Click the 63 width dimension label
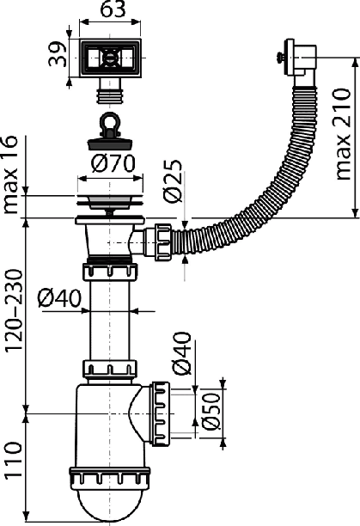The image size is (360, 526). pyautogui.click(x=113, y=9)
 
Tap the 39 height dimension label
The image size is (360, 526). pyautogui.click(x=58, y=54)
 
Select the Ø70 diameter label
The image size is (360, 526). pyautogui.click(x=113, y=163)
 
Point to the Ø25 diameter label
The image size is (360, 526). pyautogui.click(x=173, y=181)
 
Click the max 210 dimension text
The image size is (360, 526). pyautogui.click(x=342, y=134)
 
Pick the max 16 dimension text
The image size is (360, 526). pyautogui.click(x=9, y=174)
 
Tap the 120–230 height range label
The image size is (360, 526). pyautogui.click(x=14, y=310)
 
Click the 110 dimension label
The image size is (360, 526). pyautogui.click(x=14, y=459)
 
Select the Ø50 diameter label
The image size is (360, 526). pyautogui.click(x=212, y=411)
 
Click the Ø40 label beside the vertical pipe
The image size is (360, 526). pyautogui.click(x=59, y=298)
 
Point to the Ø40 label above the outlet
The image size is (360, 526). pyautogui.click(x=181, y=353)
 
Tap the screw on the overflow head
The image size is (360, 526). pyautogui.click(x=280, y=57)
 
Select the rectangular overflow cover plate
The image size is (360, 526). pyautogui.click(x=110, y=58)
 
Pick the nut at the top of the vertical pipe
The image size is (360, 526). pyautogui.click(x=110, y=272)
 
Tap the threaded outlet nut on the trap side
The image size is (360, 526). pyautogui.click(x=162, y=413)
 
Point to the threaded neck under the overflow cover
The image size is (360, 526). pyautogui.click(x=109, y=92)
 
